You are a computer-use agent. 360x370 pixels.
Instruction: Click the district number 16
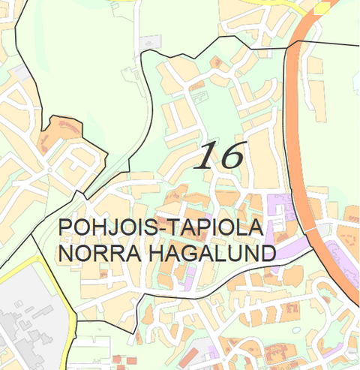tap(220, 155)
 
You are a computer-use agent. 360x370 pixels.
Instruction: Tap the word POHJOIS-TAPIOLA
tap(160, 227)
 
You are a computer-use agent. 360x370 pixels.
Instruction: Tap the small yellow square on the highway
tap(322, 7)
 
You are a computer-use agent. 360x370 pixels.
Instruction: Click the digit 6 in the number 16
tap(229, 155)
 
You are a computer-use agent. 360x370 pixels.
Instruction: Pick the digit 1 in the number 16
tap(206, 155)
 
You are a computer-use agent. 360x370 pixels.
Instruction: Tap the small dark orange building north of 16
tap(217, 62)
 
